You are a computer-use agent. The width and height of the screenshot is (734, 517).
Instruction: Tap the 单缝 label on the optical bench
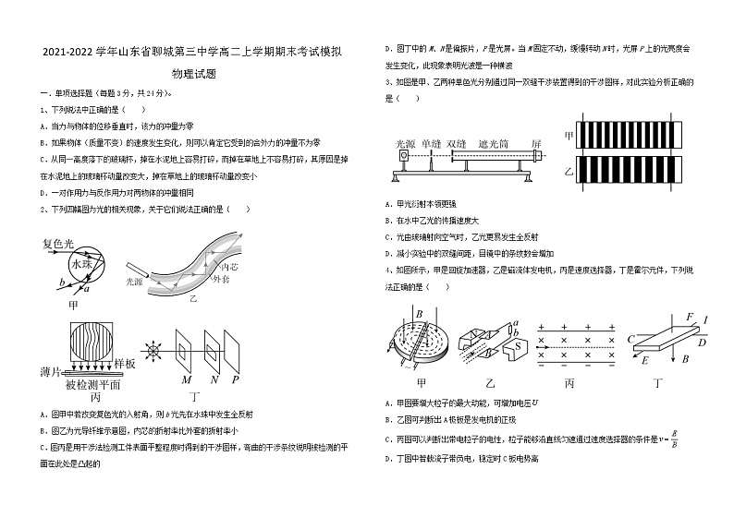431,144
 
